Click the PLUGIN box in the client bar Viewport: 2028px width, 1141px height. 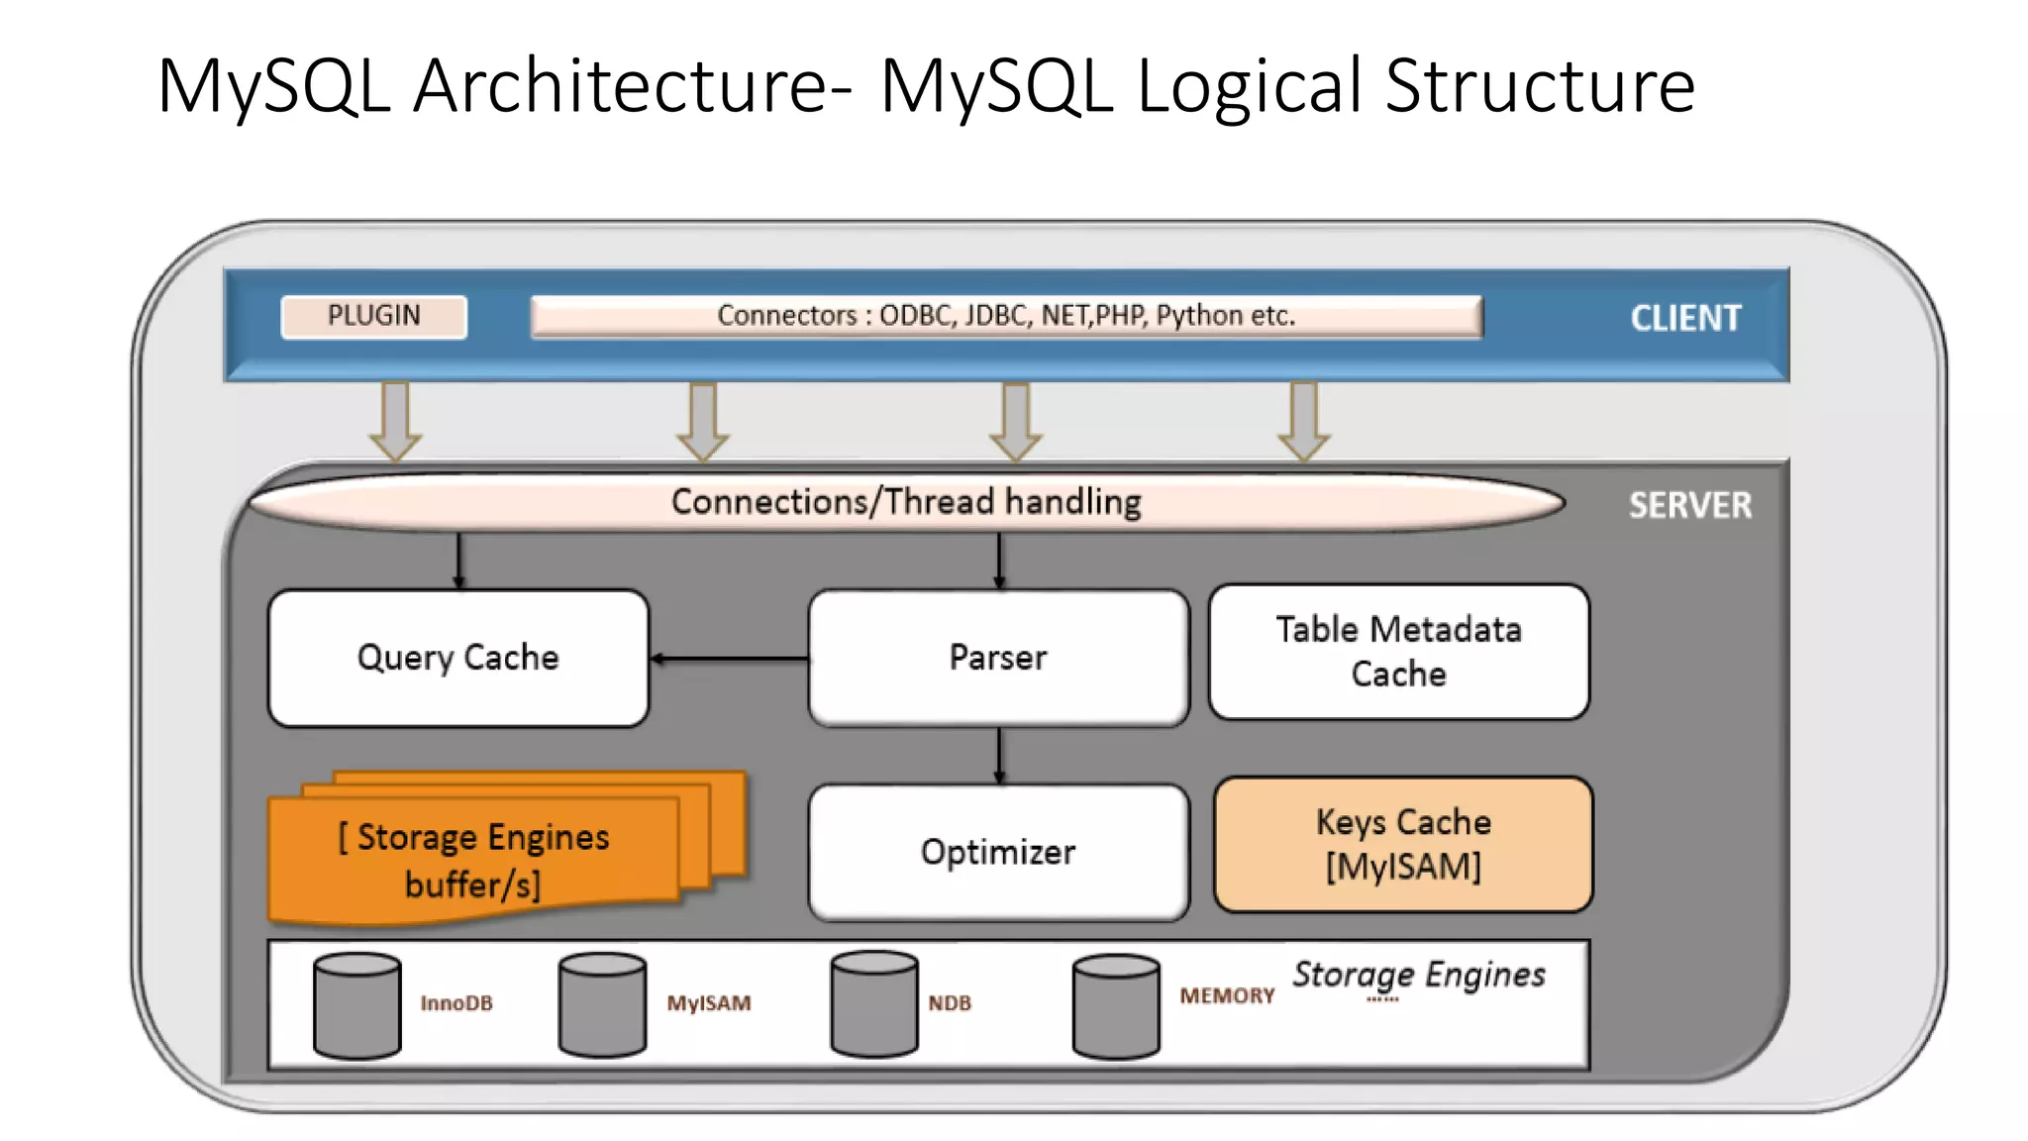373,317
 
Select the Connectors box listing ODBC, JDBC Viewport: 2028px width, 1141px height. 1006,317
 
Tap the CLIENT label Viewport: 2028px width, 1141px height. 1684,319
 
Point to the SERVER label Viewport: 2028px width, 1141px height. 1689,506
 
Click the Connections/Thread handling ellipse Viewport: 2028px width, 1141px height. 905,502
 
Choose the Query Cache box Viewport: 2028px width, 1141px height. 457,659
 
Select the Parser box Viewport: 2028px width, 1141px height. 998,659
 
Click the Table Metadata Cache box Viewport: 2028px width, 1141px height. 1398,652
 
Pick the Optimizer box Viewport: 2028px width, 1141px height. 998,853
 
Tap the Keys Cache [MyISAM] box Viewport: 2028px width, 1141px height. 1402,845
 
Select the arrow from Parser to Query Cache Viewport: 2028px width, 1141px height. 730,659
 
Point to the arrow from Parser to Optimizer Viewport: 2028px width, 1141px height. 999,756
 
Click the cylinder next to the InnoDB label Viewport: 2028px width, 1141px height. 356,1006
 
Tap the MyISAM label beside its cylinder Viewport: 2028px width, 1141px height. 708,1003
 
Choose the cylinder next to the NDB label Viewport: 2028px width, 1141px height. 873,1004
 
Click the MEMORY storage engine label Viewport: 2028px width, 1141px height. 1226,996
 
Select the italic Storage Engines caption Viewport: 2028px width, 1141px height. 1418,975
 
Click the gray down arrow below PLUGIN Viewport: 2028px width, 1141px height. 395,420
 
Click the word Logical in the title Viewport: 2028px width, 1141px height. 1249,87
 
